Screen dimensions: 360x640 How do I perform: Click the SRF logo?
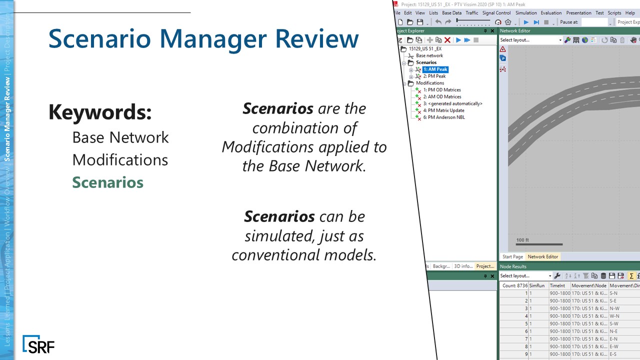point(38,344)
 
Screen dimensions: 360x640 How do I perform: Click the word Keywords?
point(100,112)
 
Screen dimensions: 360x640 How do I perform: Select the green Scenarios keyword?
point(107,182)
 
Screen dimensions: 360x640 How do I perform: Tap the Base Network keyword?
point(120,137)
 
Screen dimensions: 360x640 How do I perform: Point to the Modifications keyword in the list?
point(120,160)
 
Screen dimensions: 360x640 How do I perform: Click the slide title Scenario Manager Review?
point(203,38)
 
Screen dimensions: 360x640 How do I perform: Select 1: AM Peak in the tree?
point(435,69)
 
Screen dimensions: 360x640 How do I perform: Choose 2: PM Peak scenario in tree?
point(434,76)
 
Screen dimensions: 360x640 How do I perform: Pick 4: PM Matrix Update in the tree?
point(443,110)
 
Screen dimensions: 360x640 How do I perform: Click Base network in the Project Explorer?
point(429,56)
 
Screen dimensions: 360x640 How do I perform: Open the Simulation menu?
point(526,13)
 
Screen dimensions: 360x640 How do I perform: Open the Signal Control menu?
point(496,13)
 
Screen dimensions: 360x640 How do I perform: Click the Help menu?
point(630,13)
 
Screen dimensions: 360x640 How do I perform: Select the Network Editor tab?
point(542,256)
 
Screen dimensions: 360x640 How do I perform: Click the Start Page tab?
point(512,256)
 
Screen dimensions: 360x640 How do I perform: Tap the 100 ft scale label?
point(522,240)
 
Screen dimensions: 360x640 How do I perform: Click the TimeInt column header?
point(558,285)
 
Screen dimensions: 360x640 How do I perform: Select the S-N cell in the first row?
point(613,293)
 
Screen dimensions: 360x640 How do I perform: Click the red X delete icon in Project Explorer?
point(447,40)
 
